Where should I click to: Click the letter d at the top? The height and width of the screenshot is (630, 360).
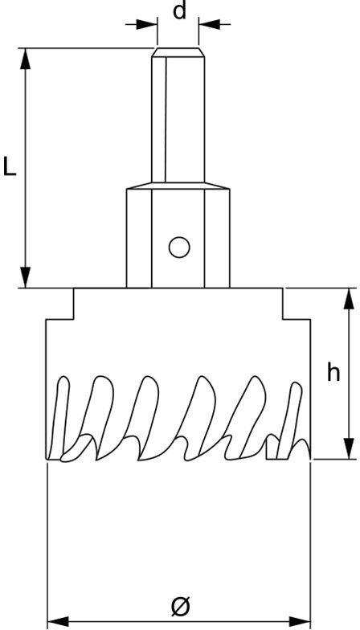[179, 11]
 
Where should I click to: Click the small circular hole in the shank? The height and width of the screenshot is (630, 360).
[179, 247]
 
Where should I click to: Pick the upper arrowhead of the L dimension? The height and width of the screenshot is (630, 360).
[26, 59]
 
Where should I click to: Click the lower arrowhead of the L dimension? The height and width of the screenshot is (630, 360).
[26, 276]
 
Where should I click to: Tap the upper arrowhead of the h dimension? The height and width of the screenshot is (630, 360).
[348, 299]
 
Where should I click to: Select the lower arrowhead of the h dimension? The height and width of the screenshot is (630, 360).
[348, 448]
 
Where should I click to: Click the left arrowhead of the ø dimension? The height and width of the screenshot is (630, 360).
[58, 621]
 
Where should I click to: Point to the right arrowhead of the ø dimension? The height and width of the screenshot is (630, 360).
[300, 621]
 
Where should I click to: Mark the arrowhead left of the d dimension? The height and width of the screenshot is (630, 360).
[146, 24]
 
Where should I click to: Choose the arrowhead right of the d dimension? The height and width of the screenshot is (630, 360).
[210, 24]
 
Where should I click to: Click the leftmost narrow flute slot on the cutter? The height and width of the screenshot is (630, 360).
[60, 418]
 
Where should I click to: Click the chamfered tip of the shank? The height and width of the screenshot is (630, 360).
[178, 52]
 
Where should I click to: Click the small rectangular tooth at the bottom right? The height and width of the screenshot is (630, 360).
[272, 449]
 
